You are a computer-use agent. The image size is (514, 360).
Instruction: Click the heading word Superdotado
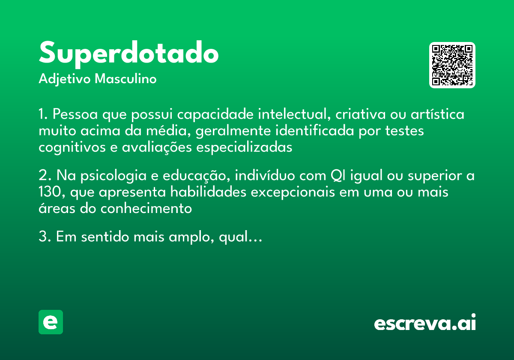128,54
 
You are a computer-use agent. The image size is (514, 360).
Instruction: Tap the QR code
452,65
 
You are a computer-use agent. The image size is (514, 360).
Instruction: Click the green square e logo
51,322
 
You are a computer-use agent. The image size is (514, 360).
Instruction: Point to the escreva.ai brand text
425,323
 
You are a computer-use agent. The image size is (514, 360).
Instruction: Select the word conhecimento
146,209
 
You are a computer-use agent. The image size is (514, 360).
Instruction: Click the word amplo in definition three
188,237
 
